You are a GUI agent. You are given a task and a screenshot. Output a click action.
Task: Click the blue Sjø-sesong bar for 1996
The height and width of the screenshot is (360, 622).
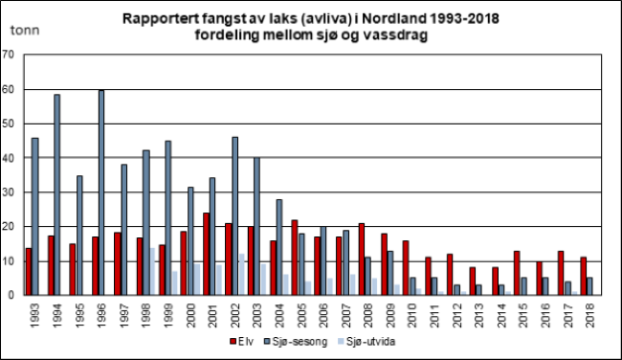pyautogui.click(x=101, y=192)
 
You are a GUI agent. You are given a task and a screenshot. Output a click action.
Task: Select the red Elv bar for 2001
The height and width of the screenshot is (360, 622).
pyautogui.click(x=207, y=254)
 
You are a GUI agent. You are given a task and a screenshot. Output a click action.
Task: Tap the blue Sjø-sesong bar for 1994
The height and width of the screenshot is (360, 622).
pyautogui.click(x=56, y=195)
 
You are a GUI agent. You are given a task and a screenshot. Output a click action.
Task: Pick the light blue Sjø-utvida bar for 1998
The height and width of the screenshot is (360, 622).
pyautogui.click(x=151, y=272)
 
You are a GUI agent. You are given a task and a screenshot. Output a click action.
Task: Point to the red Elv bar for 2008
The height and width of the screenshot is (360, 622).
pyautogui.click(x=362, y=259)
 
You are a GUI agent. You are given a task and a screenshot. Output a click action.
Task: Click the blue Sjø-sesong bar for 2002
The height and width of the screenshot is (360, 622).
pyautogui.click(x=234, y=216)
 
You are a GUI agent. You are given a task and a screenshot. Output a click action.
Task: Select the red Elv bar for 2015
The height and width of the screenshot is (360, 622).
pyautogui.click(x=517, y=273)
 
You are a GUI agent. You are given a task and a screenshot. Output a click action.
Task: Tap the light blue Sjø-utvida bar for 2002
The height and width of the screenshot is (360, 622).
pyautogui.click(x=241, y=274)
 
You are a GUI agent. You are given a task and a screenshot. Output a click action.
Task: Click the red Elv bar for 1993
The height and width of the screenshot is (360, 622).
pyautogui.click(x=29, y=272)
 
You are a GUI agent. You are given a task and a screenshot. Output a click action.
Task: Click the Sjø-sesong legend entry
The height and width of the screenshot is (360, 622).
pyautogui.click(x=296, y=342)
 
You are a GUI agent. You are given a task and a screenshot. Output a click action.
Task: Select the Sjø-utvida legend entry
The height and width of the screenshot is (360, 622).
pyautogui.click(x=367, y=342)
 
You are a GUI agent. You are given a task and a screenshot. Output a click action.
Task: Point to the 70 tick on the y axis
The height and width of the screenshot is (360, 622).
pyautogui.click(x=8, y=55)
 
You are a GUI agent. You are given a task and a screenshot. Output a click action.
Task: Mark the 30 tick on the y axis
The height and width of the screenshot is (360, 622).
pyautogui.click(x=8, y=192)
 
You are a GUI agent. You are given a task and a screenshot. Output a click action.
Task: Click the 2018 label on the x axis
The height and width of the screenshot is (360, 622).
pyautogui.click(x=590, y=315)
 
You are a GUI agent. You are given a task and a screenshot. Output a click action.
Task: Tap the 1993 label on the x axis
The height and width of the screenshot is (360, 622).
pyautogui.click(x=34, y=315)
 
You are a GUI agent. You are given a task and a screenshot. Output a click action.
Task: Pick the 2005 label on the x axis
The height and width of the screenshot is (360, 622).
pyautogui.click(x=301, y=315)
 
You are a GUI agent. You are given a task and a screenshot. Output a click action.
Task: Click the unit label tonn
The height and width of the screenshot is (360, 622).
pyautogui.click(x=25, y=31)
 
